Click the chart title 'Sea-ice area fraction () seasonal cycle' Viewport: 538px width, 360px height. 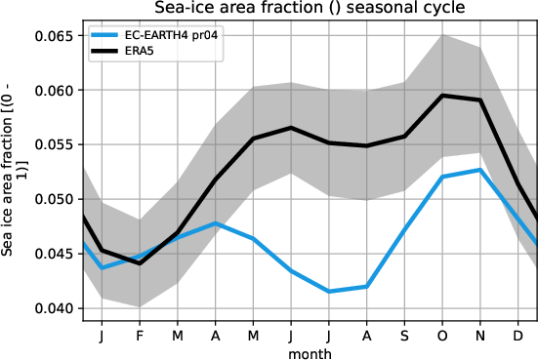309,9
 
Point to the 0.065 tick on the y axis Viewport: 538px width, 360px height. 55,36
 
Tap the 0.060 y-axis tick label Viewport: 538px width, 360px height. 55,91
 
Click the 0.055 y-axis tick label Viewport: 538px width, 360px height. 55,145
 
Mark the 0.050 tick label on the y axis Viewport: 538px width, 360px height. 55,200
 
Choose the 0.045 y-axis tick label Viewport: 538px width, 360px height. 55,255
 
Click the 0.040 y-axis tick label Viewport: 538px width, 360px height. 55,309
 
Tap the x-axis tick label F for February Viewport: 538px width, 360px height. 139,335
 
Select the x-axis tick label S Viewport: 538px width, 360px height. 404,335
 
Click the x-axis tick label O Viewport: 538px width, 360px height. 442,335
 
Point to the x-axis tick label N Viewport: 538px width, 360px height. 480,335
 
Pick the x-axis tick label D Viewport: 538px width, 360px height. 518,335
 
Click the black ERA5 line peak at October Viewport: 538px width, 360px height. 442,96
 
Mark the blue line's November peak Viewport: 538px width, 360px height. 480,170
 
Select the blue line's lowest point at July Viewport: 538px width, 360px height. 328,292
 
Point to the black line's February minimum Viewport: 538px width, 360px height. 139,263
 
